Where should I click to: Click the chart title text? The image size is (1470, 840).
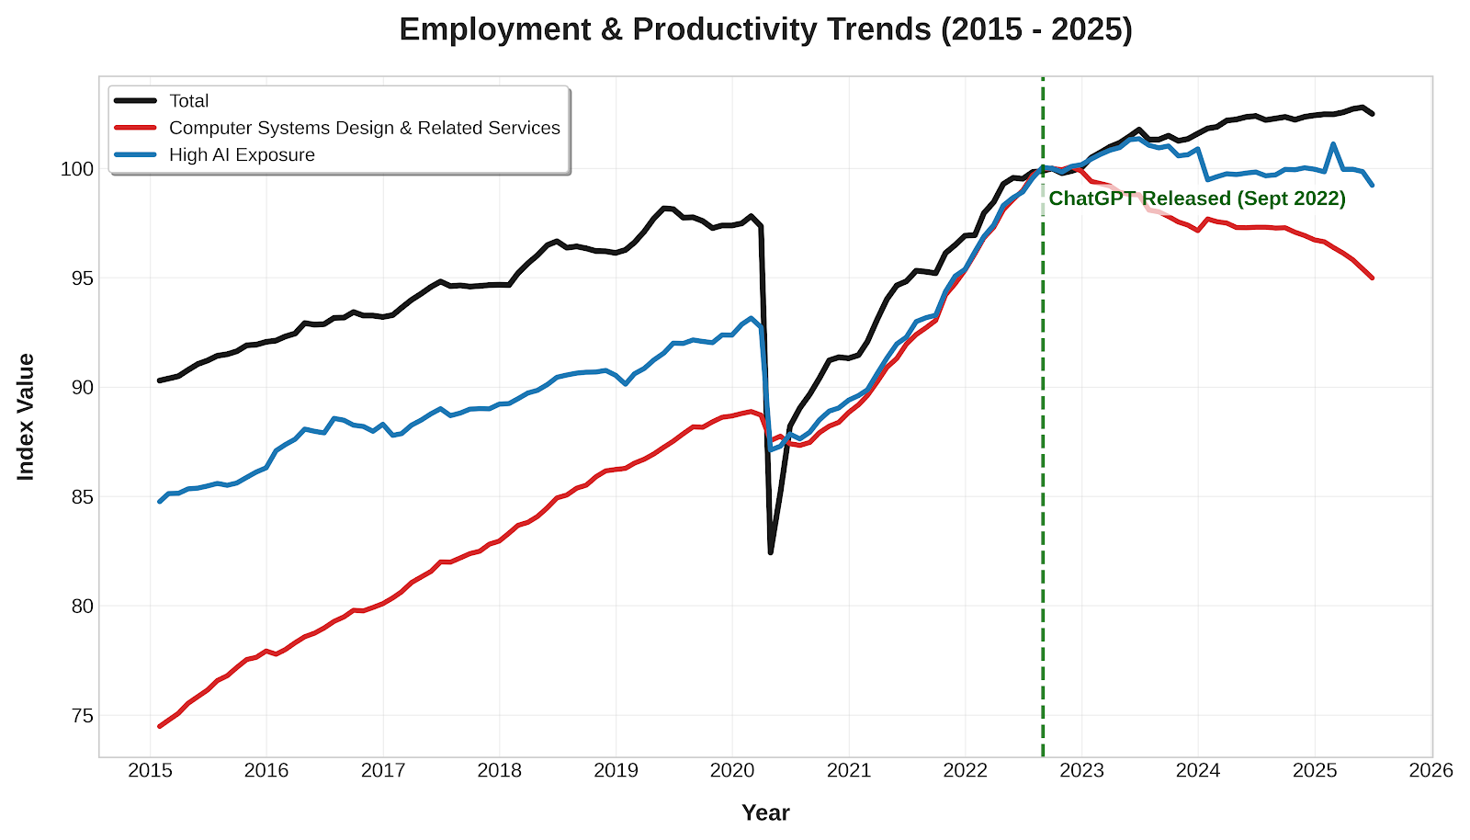tap(765, 30)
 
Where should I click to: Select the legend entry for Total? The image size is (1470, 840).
tap(188, 101)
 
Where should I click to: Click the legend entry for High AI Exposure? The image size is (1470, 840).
tap(242, 154)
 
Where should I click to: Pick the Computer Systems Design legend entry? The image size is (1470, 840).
tap(364, 128)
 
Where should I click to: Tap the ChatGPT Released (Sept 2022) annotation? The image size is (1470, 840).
tap(1196, 199)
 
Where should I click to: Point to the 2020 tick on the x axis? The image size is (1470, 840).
tap(732, 770)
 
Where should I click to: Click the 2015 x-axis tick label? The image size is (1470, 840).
tap(150, 770)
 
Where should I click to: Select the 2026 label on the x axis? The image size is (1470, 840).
tap(1430, 770)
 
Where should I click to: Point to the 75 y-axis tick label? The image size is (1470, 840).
tap(82, 716)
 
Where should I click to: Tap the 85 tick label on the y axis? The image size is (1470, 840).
tap(82, 497)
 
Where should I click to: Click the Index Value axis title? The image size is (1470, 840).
tap(26, 416)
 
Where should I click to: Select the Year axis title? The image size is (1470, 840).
tap(765, 812)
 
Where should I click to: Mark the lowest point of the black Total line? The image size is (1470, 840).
tap(771, 552)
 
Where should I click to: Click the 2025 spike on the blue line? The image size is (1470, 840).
tap(1333, 144)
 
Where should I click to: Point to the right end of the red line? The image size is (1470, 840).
tap(1373, 278)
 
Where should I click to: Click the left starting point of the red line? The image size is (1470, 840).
tap(160, 726)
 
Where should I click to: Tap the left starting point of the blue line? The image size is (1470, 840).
tap(160, 501)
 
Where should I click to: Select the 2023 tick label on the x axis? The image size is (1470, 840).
tap(1081, 770)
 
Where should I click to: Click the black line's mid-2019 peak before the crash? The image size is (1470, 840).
tap(664, 208)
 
